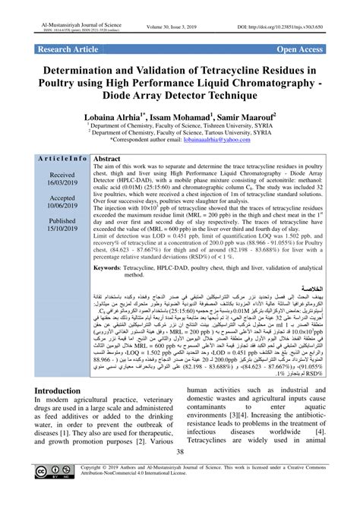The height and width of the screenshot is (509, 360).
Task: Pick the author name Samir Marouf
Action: point(245,119)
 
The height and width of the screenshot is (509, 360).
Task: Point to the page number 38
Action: point(180,474)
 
